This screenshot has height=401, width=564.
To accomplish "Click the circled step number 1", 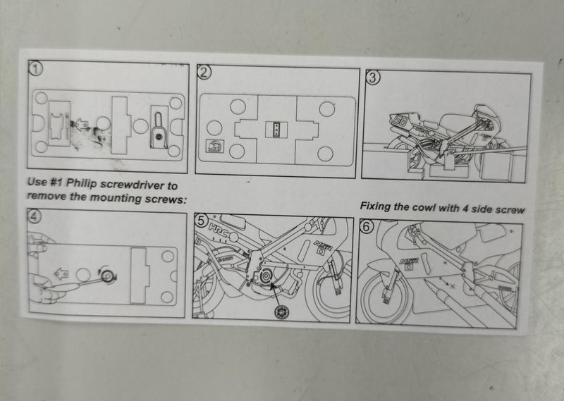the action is pos(36,68).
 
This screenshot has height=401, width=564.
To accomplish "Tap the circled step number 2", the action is pos(204,73).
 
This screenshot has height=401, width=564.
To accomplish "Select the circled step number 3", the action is pos(372,78).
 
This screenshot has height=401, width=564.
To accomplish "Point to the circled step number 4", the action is pos(34,216).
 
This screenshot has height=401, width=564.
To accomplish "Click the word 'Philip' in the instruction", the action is pos(81,183).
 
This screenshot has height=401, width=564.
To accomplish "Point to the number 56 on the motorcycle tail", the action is pos(400,121).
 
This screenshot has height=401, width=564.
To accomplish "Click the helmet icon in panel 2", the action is pos(215,146).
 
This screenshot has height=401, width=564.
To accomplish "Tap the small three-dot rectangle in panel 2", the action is pos(276,130).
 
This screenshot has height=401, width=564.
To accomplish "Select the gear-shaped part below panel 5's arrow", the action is pos(281,311).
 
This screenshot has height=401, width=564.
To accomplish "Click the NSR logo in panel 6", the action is pos(409,261).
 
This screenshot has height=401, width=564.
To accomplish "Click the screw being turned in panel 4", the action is pos(108,276).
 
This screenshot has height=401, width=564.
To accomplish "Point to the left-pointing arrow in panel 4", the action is pos(61,274).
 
